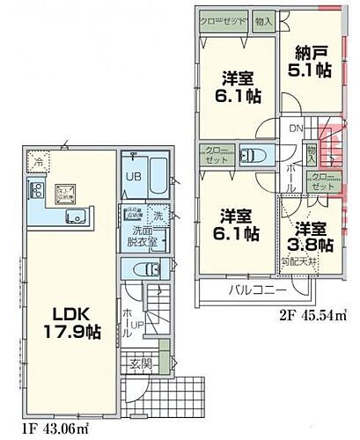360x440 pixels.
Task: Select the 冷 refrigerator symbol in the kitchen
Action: coord(38,160)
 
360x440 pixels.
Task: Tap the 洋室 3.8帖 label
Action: coord(314,234)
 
